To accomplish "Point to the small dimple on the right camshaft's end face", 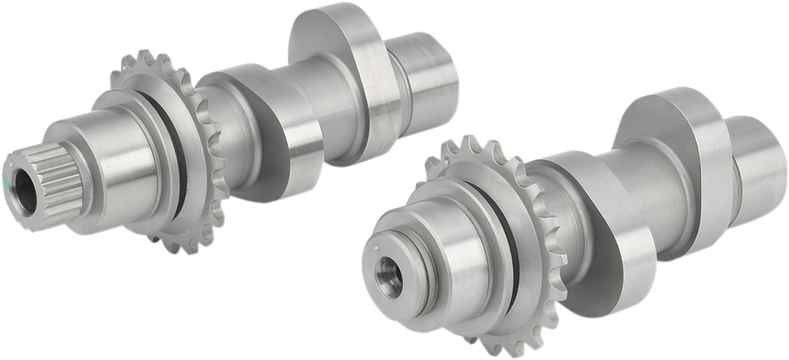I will [379, 243].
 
